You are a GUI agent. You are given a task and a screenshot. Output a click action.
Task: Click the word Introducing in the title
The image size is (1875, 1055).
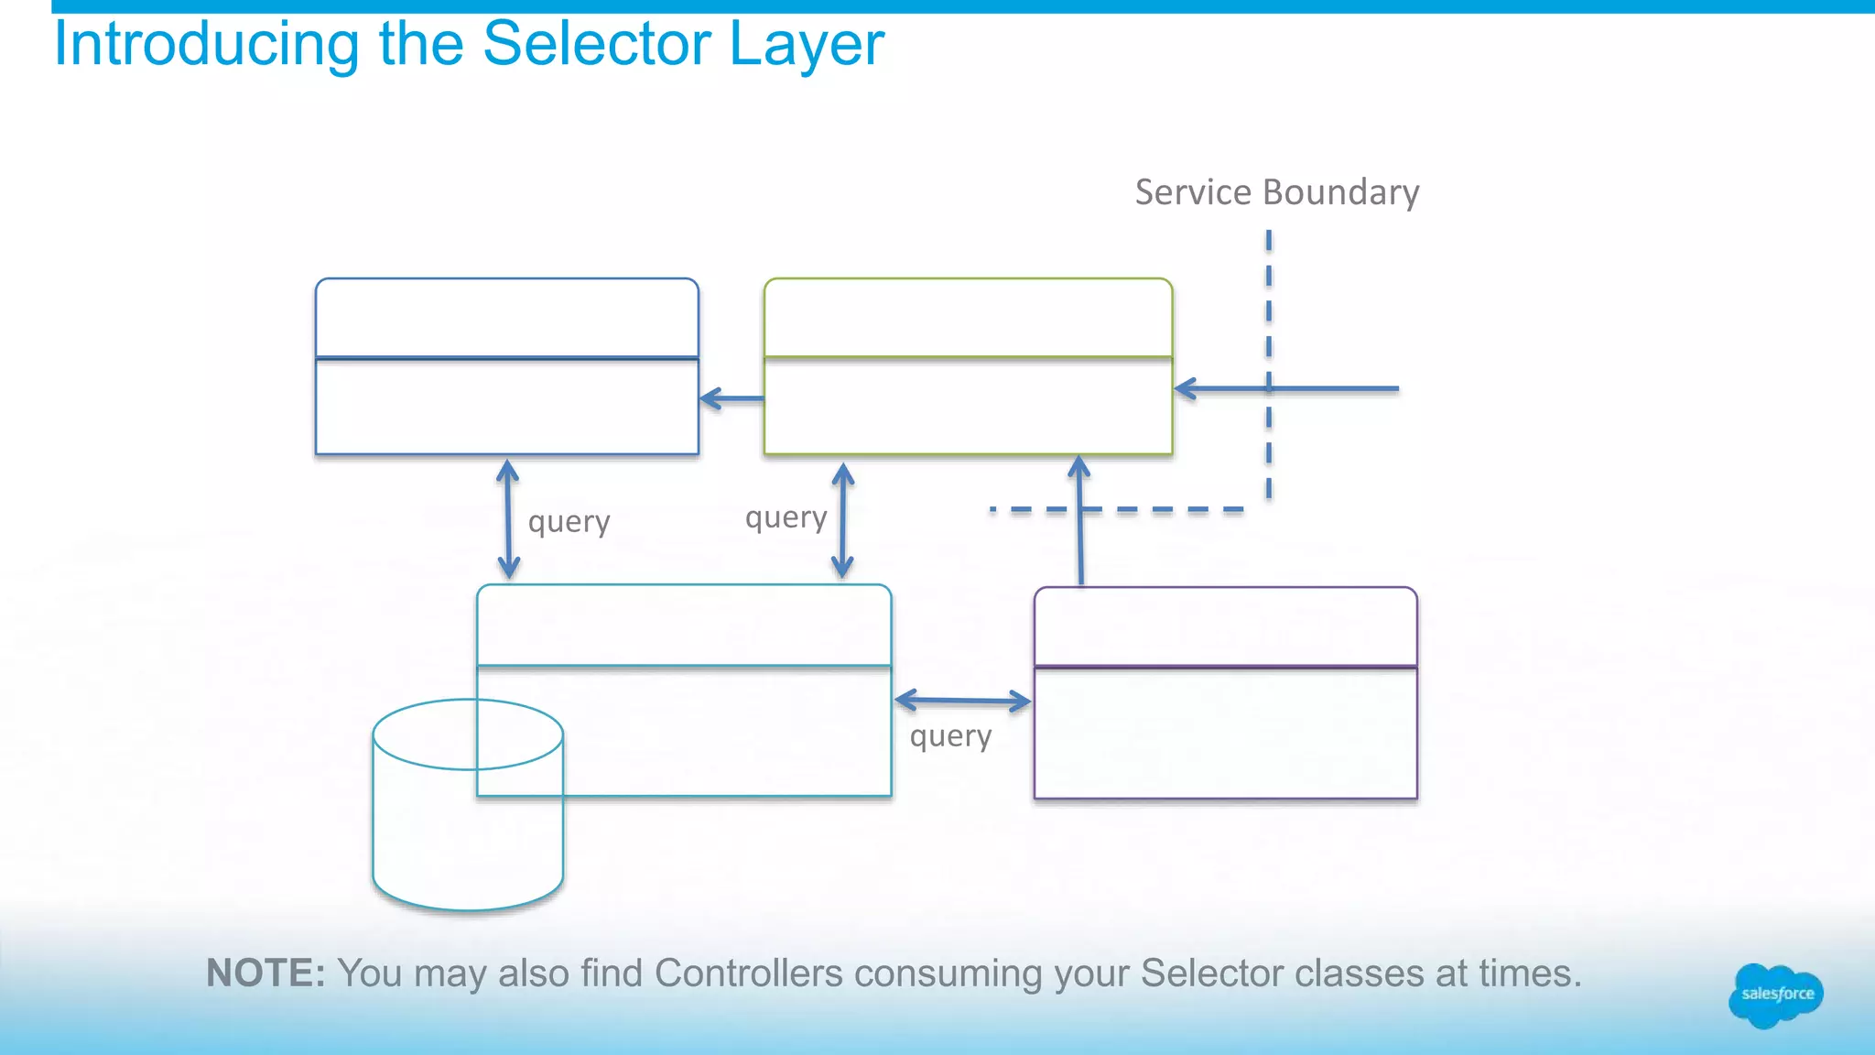[x=206, y=45]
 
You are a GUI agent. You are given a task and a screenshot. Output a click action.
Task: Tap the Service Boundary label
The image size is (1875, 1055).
[x=1276, y=192]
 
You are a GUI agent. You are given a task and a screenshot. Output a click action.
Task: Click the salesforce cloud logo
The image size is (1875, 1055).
[x=1775, y=995]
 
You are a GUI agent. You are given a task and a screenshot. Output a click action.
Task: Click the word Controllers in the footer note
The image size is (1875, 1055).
[x=748, y=973]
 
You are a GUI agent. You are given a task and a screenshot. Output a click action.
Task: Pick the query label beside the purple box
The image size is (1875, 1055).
[x=950, y=736]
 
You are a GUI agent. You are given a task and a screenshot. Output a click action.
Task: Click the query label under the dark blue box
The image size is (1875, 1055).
[x=569, y=522]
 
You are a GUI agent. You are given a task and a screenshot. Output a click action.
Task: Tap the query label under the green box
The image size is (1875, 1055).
[x=786, y=518]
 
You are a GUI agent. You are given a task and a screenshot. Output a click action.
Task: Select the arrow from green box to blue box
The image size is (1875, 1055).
[x=732, y=398]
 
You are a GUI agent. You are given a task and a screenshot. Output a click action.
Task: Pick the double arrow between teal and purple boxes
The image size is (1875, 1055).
[x=962, y=702]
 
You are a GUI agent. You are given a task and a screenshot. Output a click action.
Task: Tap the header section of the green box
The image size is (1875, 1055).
[x=968, y=318]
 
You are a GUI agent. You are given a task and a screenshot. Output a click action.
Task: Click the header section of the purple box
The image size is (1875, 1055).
[x=1225, y=627]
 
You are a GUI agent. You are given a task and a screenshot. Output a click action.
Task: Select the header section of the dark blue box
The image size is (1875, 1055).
[x=506, y=318]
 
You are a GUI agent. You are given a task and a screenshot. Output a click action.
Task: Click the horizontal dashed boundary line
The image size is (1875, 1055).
[x=1154, y=509]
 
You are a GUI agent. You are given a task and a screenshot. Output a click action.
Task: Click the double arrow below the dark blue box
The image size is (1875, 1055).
[x=508, y=519]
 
